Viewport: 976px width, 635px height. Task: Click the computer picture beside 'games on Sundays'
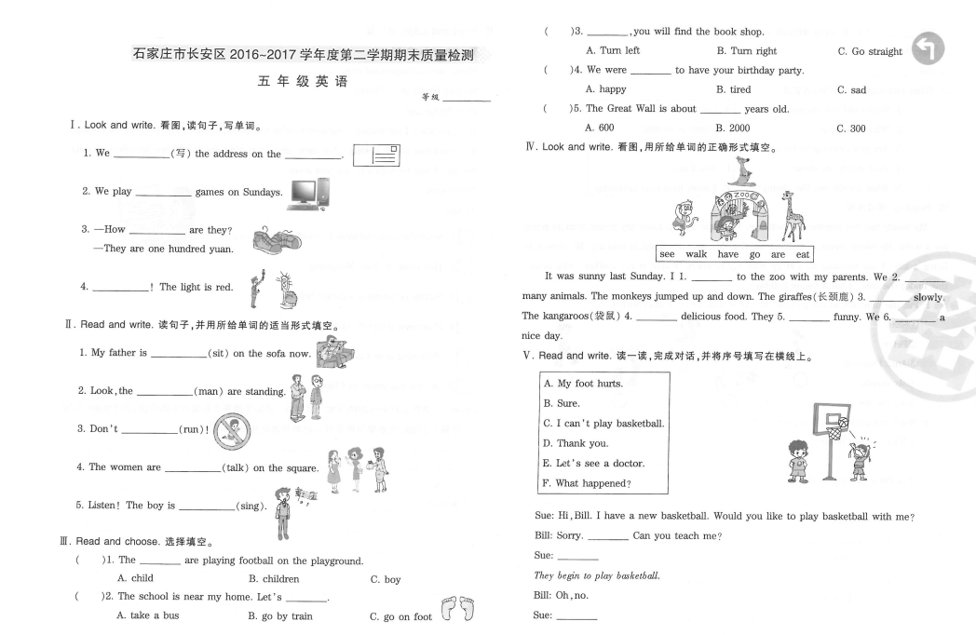pos(309,192)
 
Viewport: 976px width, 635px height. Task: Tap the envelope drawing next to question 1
pos(377,154)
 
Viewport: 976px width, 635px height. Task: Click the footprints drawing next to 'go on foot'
pos(461,609)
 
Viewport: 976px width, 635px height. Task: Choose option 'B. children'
pos(273,579)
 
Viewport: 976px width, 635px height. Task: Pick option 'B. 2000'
pos(732,128)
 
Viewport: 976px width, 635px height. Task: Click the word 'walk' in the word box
pos(697,254)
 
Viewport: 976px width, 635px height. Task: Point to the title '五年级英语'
pos(302,82)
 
